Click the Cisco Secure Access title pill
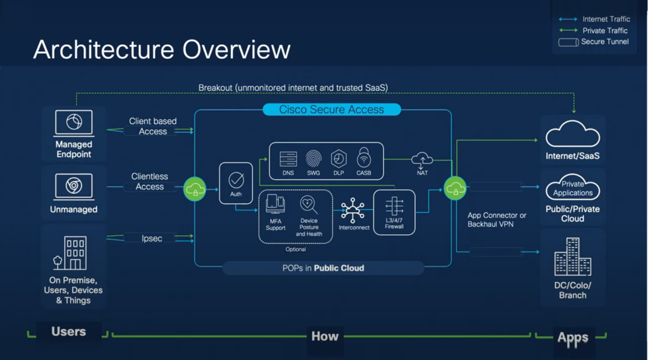point(332,109)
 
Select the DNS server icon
point(288,159)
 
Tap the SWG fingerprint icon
point(313,158)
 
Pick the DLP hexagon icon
point(339,158)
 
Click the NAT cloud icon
point(422,159)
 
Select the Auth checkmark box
point(236,183)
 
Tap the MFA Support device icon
point(275,205)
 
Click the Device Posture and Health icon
point(309,204)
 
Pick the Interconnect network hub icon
point(353,210)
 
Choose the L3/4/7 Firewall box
point(394,212)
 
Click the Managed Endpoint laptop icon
point(73,122)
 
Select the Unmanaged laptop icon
point(73,186)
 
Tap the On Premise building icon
point(71,253)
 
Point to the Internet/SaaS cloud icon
point(573,134)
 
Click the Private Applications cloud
point(573,189)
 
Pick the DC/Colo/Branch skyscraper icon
point(572,258)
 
